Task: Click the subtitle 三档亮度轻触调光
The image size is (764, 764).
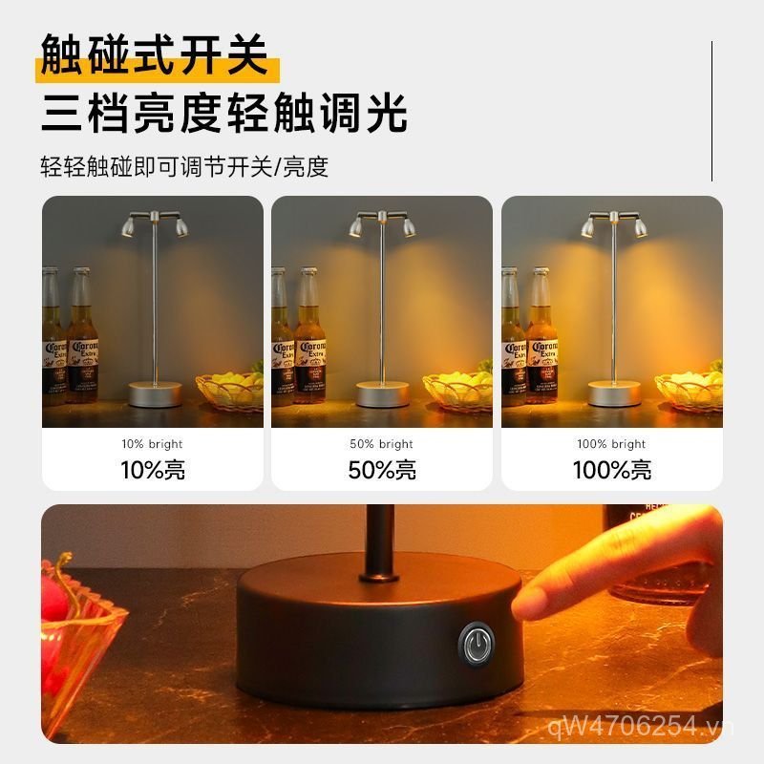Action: click(x=223, y=113)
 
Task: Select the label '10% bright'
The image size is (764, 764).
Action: click(x=152, y=444)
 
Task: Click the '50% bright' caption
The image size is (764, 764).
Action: click(x=382, y=444)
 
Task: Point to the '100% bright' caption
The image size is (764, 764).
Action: click(x=611, y=444)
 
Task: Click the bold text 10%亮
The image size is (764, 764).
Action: click(x=152, y=470)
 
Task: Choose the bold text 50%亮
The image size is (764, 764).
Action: click(x=382, y=470)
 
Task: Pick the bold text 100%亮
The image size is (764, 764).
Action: click(x=611, y=470)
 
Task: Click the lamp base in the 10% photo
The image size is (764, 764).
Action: click(x=156, y=393)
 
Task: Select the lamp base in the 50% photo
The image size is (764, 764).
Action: click(x=384, y=393)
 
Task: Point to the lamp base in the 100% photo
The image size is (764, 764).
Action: click(x=614, y=393)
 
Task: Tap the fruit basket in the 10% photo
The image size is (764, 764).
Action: click(x=230, y=390)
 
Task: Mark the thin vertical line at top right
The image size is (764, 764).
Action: click(x=712, y=111)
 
